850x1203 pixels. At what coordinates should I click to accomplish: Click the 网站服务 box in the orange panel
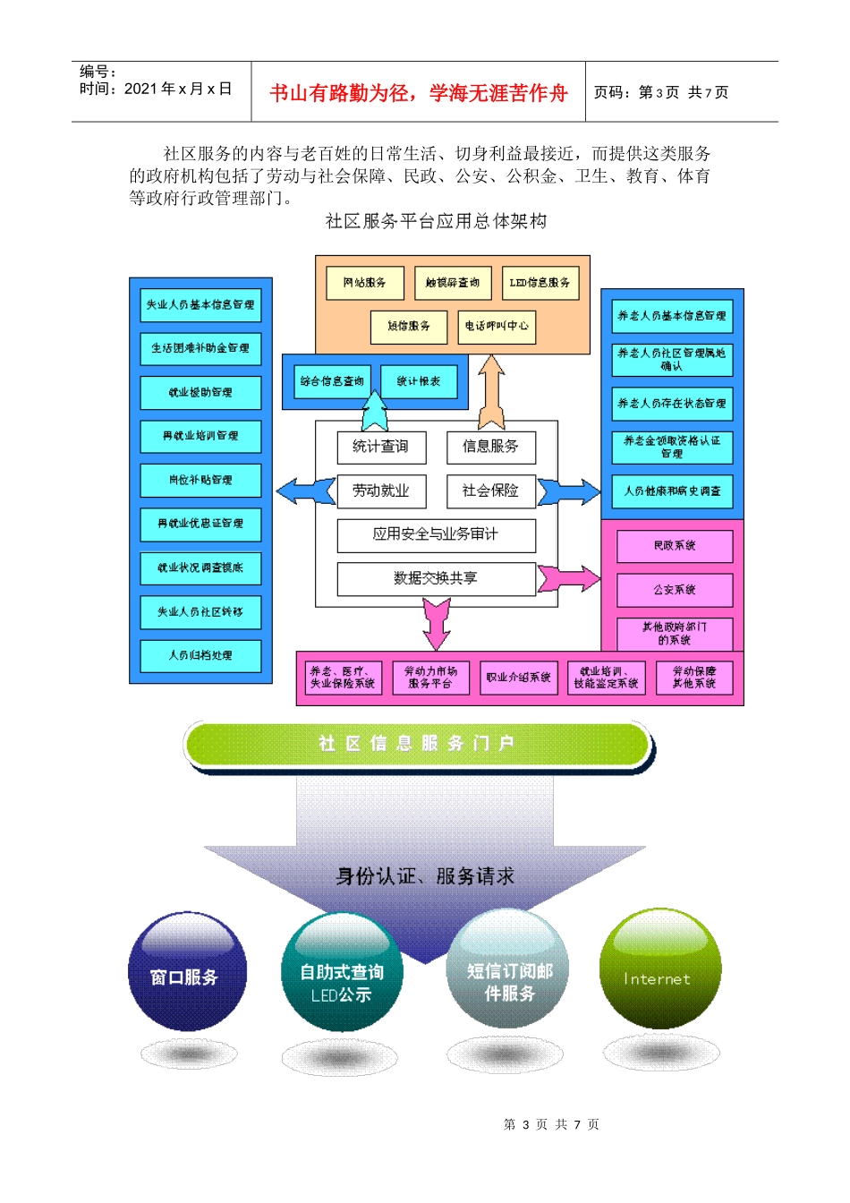[364, 283]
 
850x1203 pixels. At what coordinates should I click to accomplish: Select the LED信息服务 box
[540, 283]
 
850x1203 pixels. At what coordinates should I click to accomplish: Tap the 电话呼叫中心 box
[497, 327]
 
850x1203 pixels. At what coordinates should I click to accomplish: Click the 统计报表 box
[419, 381]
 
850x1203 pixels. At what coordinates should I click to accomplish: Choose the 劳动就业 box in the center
[381, 491]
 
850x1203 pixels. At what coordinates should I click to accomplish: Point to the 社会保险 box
[490, 491]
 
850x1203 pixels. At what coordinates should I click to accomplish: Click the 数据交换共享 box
[436, 578]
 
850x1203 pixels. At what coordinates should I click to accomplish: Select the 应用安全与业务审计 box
[436, 534]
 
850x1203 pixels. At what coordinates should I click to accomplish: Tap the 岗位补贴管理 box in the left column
[200, 480]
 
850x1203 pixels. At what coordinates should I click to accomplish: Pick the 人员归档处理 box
[200, 655]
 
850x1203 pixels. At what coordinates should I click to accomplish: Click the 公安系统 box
[675, 590]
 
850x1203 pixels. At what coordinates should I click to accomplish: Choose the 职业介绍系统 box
[518, 678]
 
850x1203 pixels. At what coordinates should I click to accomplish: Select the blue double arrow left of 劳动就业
[306, 491]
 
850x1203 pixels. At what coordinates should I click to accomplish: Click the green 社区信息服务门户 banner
[417, 744]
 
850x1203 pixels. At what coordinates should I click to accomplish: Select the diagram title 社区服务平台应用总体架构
[436, 221]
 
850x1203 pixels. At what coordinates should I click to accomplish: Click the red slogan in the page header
[418, 93]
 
